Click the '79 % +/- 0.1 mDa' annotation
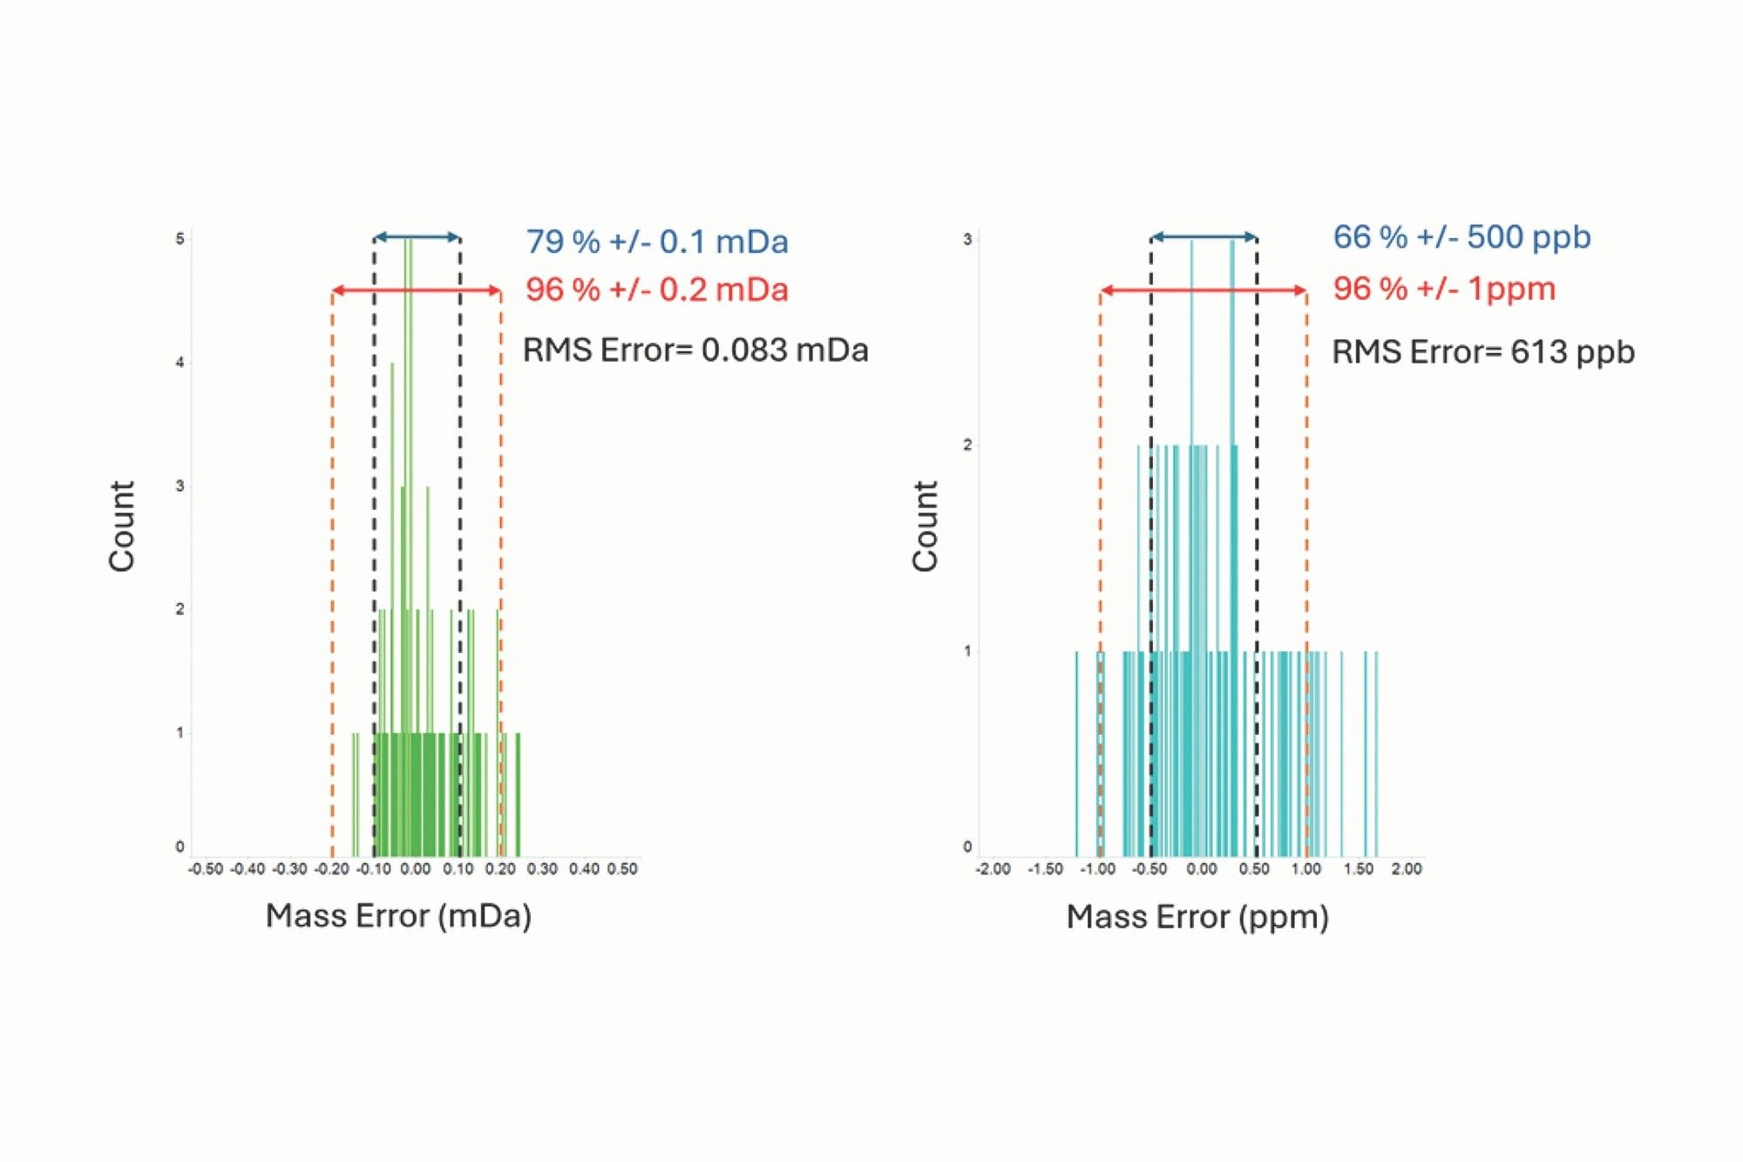click(x=656, y=241)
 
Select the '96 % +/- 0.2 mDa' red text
click(x=656, y=289)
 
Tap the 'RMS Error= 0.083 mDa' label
click(x=695, y=350)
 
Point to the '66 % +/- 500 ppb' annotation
click(x=1462, y=237)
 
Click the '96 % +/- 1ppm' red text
click(x=1444, y=289)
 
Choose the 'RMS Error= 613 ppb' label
click(x=1482, y=352)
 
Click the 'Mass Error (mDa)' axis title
click(x=398, y=916)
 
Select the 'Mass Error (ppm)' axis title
click(x=1197, y=917)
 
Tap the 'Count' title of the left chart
click(x=122, y=526)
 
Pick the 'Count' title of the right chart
click(x=925, y=526)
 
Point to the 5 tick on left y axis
click(x=180, y=239)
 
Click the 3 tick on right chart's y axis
click(x=967, y=240)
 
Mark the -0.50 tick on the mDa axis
click(x=207, y=869)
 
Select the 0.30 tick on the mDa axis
click(x=542, y=869)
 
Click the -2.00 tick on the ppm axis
click(x=994, y=869)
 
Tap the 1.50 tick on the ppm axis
click(x=1358, y=869)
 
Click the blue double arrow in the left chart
click(x=417, y=237)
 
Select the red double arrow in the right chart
click(x=1203, y=290)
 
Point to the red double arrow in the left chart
click(x=417, y=290)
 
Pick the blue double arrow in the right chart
click(x=1204, y=237)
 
